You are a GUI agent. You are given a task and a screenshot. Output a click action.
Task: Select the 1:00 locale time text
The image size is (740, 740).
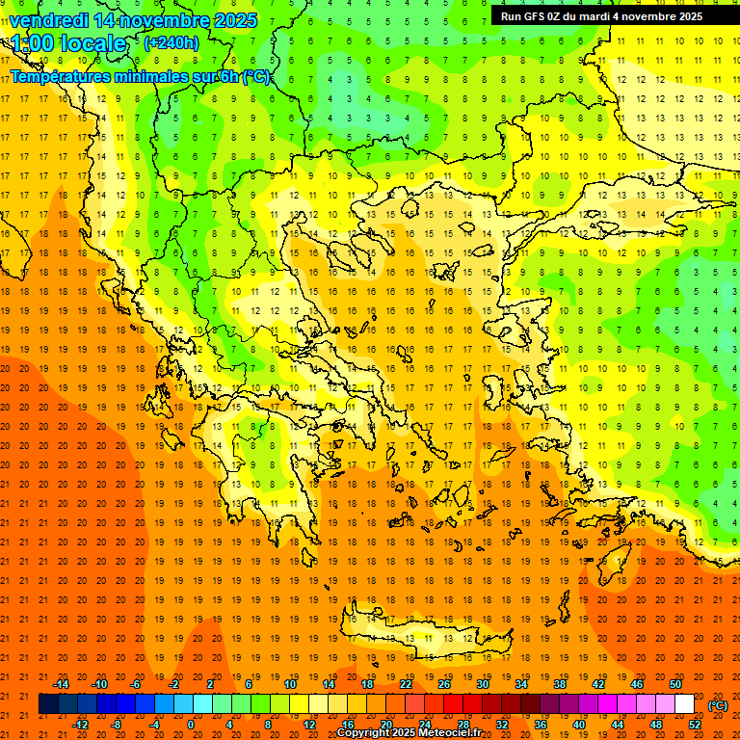point(69,43)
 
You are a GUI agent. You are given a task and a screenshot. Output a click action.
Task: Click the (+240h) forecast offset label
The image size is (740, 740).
point(172,43)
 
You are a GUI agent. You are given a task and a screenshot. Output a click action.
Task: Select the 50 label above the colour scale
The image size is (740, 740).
point(674,684)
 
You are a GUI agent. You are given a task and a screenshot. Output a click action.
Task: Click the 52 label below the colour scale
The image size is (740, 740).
point(694,725)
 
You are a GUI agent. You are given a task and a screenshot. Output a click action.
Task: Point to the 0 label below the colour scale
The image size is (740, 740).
point(190,725)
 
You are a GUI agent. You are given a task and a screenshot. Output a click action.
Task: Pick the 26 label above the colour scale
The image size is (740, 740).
point(443,684)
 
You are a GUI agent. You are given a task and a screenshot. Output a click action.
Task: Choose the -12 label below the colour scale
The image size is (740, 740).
point(80,725)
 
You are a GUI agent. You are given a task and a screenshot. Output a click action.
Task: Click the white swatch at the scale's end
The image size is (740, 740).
point(684,704)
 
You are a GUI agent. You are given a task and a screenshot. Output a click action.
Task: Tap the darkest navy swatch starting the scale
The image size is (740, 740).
point(48,704)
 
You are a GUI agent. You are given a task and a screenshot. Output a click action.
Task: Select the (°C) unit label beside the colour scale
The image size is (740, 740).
point(718,705)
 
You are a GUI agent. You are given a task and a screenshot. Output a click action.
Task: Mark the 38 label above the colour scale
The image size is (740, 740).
point(559,684)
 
